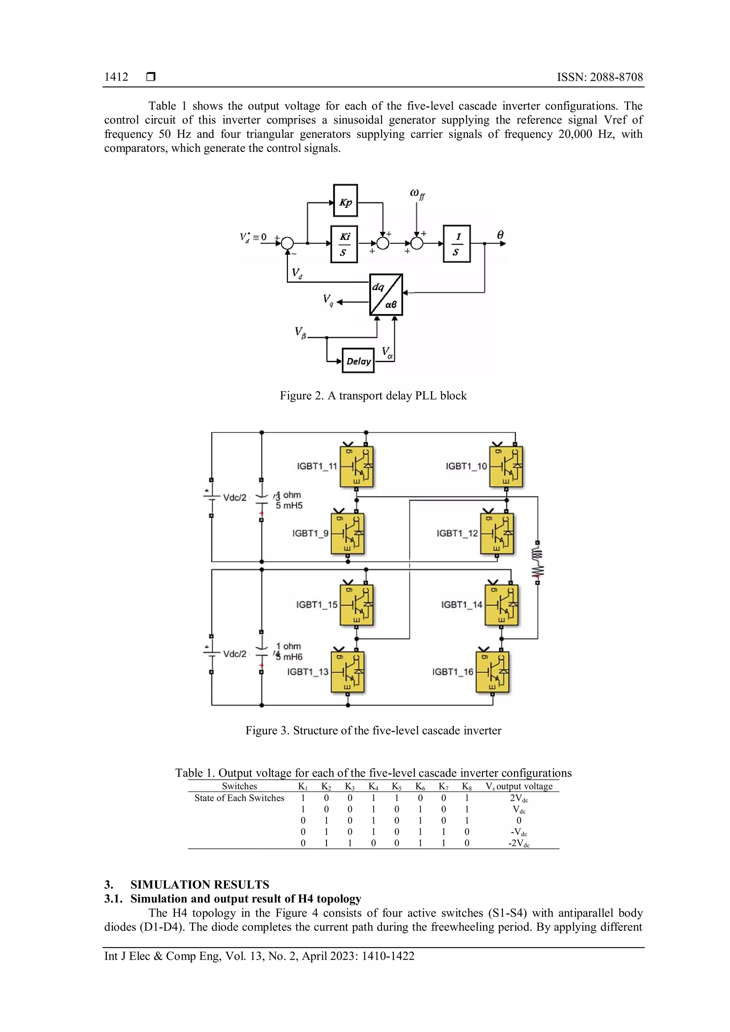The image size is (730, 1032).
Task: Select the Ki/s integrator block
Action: pyautogui.click(x=344, y=244)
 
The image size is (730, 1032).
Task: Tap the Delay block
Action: pyautogui.click(x=358, y=361)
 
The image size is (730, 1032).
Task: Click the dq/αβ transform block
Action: pyautogui.click(x=386, y=294)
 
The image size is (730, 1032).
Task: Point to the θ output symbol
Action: pyautogui.click(x=500, y=234)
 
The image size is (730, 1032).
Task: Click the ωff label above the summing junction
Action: pyautogui.click(x=417, y=194)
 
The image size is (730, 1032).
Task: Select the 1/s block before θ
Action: pyautogui.click(x=457, y=244)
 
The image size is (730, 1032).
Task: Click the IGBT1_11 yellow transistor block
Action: pyautogui.click(x=356, y=466)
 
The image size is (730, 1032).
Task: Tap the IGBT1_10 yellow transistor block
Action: pyautogui.click(x=506, y=466)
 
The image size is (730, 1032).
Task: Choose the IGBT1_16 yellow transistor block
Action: pyautogui.click(x=492, y=671)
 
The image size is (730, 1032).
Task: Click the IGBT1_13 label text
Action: pyautogui.click(x=308, y=671)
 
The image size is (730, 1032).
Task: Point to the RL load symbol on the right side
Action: pyautogui.click(x=537, y=562)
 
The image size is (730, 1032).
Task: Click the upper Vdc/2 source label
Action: pyautogui.click(x=235, y=497)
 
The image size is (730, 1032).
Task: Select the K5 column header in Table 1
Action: pyautogui.click(x=396, y=786)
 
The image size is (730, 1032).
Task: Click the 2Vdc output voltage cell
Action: pyautogui.click(x=519, y=798)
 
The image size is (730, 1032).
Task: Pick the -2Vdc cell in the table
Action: pyautogui.click(x=519, y=843)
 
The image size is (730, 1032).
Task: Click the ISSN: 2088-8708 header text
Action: pyautogui.click(x=600, y=77)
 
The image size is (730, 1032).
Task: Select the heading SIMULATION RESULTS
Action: pyautogui.click(x=200, y=884)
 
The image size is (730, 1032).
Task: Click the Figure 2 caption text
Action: pyautogui.click(x=373, y=396)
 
